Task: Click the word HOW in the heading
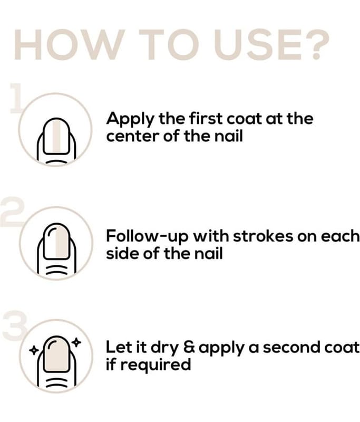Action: [70, 44]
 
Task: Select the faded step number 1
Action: [16, 98]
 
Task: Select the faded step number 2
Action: [12, 212]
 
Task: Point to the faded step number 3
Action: [15, 325]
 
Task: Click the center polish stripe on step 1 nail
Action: [56, 137]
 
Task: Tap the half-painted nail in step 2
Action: [56, 242]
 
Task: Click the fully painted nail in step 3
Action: [57, 354]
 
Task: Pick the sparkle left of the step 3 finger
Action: [34, 350]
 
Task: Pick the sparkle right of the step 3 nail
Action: [76, 342]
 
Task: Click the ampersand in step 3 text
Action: [190, 348]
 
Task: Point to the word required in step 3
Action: [155, 365]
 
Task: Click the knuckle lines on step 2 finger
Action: [56, 270]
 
